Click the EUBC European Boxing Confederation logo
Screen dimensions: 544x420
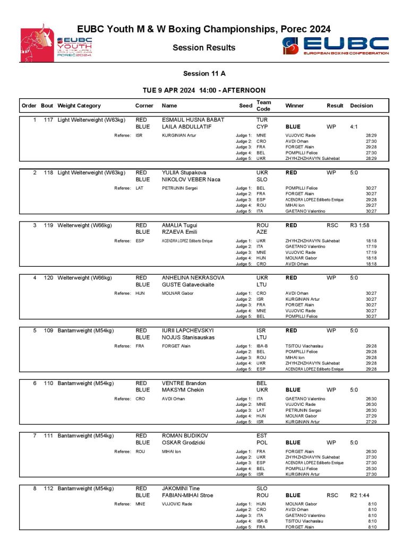[335, 46]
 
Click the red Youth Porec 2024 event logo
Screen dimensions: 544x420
[56, 43]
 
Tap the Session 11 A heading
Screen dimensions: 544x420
[204, 73]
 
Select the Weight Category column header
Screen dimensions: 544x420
[79, 106]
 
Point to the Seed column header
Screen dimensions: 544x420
[245, 106]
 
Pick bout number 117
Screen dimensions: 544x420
[48, 120]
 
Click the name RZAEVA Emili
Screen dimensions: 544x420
[179, 233]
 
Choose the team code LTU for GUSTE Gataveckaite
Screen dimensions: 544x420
[261, 285]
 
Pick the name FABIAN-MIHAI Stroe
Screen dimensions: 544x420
[187, 495]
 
